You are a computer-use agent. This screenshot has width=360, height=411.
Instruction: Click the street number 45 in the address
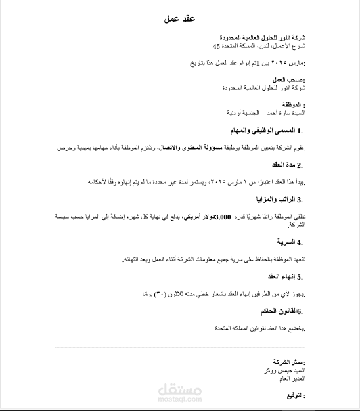coord(216,46)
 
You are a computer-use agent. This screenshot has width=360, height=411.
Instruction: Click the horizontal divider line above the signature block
coord(180,347)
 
